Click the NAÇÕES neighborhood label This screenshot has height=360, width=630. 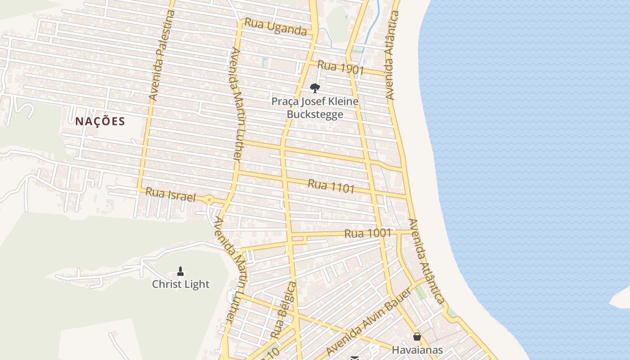[100, 121]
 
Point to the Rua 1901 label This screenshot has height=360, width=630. [341, 67]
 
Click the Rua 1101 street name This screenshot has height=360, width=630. [331, 186]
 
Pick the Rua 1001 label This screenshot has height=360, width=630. [368, 233]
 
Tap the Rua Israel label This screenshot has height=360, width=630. [171, 195]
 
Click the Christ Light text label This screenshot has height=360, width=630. [180, 284]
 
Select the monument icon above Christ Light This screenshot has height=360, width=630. [180, 271]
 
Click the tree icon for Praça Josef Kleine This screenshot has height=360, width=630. [315, 88]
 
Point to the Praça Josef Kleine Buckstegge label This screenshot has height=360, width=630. [315, 108]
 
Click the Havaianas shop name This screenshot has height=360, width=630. [417, 350]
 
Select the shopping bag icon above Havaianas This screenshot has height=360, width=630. [417, 337]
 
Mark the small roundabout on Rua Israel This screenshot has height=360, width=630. [209, 200]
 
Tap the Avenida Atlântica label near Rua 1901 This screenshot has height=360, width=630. [392, 55]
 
